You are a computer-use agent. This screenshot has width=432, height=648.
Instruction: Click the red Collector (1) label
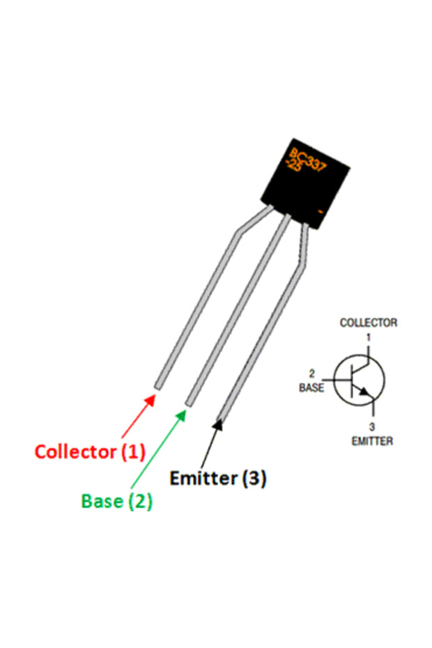(90, 452)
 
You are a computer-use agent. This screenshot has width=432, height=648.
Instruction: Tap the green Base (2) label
(116, 501)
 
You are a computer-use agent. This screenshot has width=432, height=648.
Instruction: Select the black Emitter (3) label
(218, 479)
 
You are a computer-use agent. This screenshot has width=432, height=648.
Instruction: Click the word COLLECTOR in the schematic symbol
(368, 323)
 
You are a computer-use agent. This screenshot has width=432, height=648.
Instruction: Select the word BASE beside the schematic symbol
(311, 388)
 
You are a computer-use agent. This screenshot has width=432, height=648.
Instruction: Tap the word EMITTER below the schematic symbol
(372, 441)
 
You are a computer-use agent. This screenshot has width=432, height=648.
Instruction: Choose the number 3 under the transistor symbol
(372, 426)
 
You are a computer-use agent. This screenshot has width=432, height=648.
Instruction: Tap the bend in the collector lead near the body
(240, 233)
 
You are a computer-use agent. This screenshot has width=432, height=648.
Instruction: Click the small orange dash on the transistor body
(320, 210)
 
